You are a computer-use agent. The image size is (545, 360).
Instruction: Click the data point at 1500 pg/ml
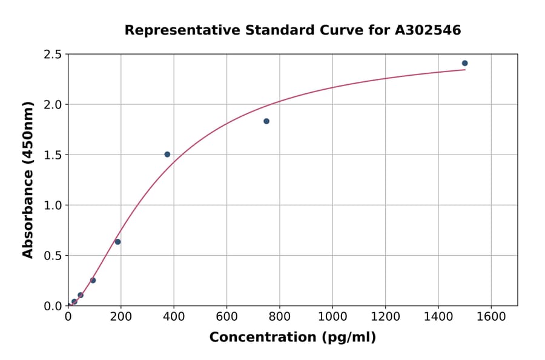(464, 63)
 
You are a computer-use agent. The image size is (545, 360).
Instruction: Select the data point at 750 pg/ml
(266, 121)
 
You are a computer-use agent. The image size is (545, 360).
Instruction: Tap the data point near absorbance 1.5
(167, 155)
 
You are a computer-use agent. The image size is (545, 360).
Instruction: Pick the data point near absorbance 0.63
(117, 242)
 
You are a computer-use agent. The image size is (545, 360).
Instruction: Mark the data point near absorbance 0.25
(93, 280)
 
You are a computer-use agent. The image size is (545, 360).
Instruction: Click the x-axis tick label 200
(121, 316)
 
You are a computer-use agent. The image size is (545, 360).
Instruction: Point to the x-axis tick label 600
(226, 316)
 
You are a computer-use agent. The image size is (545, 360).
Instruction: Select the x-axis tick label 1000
(332, 316)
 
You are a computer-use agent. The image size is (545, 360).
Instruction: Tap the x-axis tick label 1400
(438, 316)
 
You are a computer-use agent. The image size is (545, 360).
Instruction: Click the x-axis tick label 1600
(491, 316)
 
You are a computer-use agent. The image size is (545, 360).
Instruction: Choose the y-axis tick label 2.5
(53, 55)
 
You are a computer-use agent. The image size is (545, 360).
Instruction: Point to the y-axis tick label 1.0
(53, 205)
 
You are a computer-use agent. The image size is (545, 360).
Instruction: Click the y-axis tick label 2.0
(53, 105)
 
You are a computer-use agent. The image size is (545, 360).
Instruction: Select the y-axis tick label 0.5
(53, 256)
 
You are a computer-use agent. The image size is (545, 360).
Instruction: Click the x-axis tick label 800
(279, 316)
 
